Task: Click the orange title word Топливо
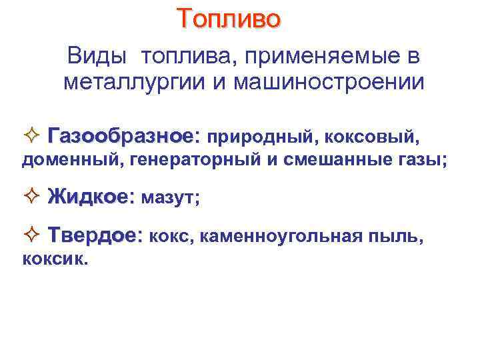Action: pos(229,19)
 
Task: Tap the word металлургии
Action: pos(133,83)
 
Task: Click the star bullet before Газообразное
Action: pos(37,137)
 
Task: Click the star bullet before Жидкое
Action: pos(37,197)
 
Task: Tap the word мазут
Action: pos(171,198)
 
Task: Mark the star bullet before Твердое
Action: pos(37,235)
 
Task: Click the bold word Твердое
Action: pos(94,235)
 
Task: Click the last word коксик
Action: pos(54,260)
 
